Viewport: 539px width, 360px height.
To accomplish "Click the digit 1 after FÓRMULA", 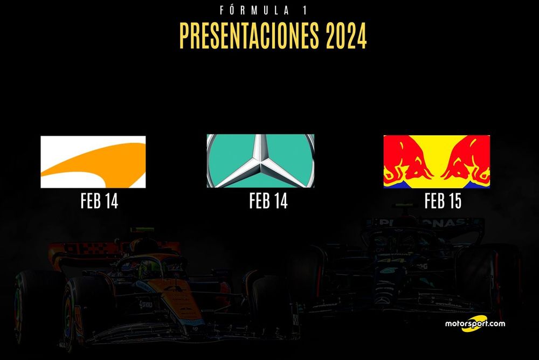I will tap(305, 11).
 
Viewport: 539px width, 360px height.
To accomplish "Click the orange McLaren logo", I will tap(93, 162).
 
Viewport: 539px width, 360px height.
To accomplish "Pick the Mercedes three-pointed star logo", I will tap(260, 161).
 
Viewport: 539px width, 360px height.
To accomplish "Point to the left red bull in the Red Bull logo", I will tap(410, 160).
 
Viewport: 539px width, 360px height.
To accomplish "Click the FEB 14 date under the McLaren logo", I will tap(99, 201).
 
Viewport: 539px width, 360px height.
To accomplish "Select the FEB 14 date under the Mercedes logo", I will tap(268, 201).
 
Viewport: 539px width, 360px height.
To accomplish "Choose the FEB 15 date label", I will tap(443, 201).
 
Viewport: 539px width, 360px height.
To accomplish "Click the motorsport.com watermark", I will tap(475, 323).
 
